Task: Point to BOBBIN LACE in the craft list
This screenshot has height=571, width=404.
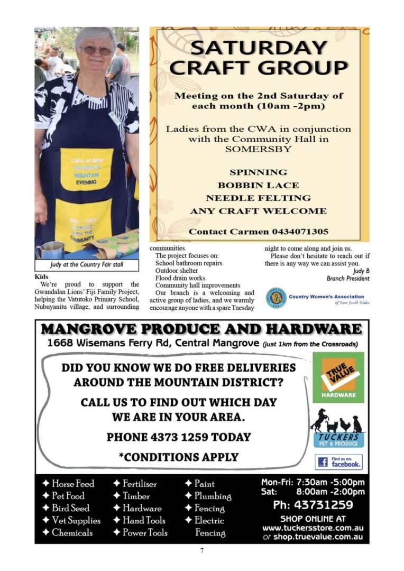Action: (258, 185)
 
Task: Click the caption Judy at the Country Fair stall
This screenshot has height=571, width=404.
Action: (87, 264)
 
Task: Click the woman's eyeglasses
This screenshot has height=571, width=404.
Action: (96, 50)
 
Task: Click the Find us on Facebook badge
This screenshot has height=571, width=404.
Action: (338, 462)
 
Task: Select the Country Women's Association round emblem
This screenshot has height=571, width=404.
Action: (276, 298)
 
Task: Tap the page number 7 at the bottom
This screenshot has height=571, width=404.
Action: (201, 550)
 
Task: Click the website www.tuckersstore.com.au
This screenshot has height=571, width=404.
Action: (313, 528)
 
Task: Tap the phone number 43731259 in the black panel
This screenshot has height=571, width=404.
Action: (313, 505)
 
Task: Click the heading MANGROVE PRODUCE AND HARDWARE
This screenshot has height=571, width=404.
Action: (201, 329)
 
